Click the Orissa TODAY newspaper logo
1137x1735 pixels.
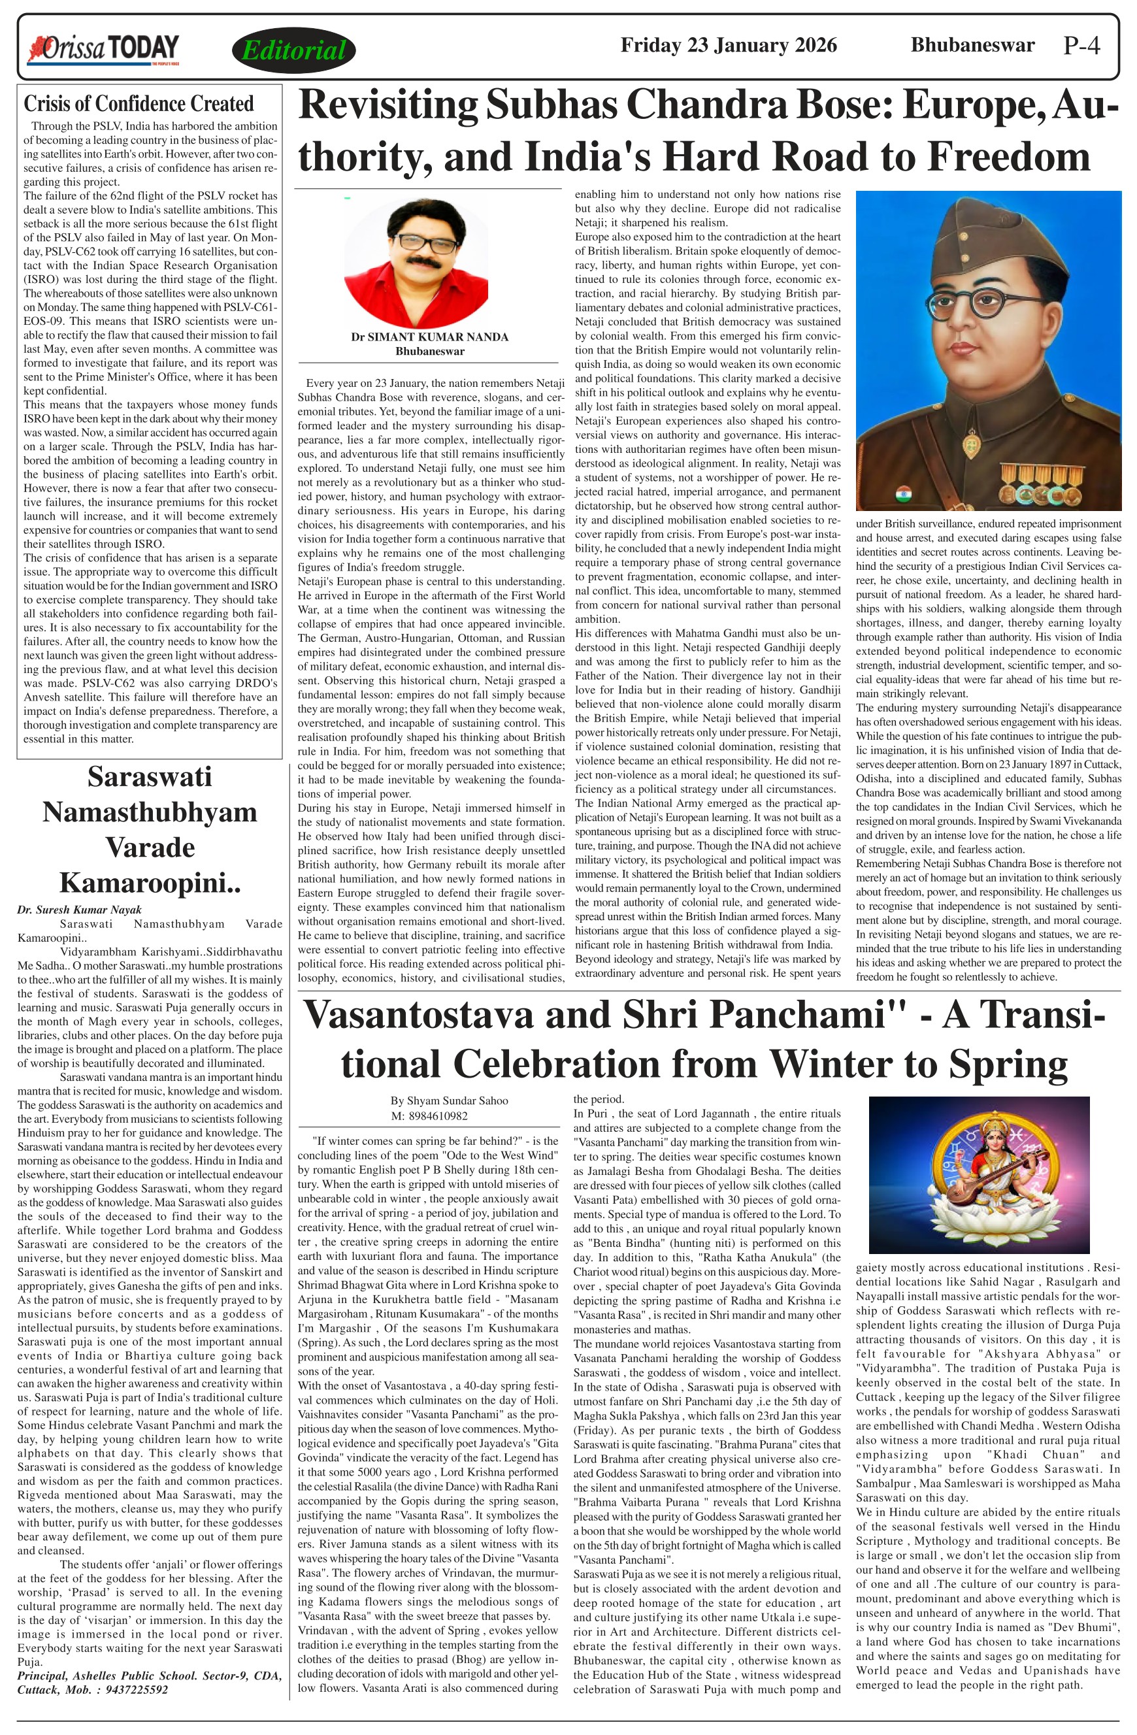tap(103, 49)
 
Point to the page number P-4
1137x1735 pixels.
tap(1081, 46)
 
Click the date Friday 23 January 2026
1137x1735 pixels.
tap(728, 45)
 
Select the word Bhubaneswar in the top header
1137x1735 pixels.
tap(972, 45)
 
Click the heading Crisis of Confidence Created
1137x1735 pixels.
tap(139, 103)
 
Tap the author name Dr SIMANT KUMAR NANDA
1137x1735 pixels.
tap(429, 337)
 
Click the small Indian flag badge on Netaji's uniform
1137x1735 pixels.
tap(903, 492)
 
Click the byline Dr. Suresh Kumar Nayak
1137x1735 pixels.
tap(80, 909)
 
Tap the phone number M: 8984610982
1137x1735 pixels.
tap(429, 1115)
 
